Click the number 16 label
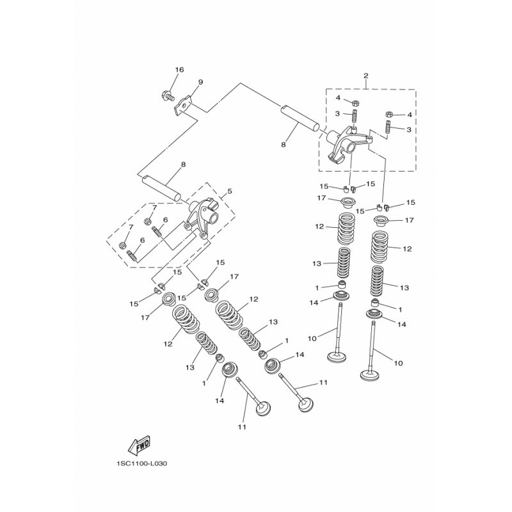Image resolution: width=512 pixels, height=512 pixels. pyautogui.click(x=179, y=70)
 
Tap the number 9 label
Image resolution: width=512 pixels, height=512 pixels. pyautogui.click(x=200, y=82)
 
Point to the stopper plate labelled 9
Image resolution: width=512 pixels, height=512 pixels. pyautogui.click(x=183, y=105)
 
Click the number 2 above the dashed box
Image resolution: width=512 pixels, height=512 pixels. pyautogui.click(x=365, y=76)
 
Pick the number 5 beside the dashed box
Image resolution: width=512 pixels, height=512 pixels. pyautogui.click(x=230, y=191)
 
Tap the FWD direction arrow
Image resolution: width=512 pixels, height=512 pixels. pyautogui.click(x=140, y=445)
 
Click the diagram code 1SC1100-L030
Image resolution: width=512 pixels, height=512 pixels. pyautogui.click(x=141, y=463)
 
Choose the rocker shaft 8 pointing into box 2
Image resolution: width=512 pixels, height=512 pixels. pyautogui.click(x=300, y=118)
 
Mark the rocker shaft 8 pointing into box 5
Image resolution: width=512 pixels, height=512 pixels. pyautogui.click(x=161, y=189)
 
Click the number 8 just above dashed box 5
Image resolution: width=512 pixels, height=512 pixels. pyautogui.click(x=183, y=164)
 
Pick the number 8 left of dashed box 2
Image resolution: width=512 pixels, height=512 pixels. pyautogui.click(x=283, y=145)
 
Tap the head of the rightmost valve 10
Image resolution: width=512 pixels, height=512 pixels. pyautogui.click(x=370, y=375)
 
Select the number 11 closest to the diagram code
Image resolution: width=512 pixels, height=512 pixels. pyautogui.click(x=242, y=427)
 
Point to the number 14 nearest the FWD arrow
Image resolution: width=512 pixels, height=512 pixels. pyautogui.click(x=220, y=401)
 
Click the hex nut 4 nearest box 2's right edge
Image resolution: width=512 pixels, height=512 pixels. pyautogui.click(x=389, y=115)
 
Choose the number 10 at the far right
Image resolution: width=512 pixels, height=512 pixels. pyautogui.click(x=398, y=363)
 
